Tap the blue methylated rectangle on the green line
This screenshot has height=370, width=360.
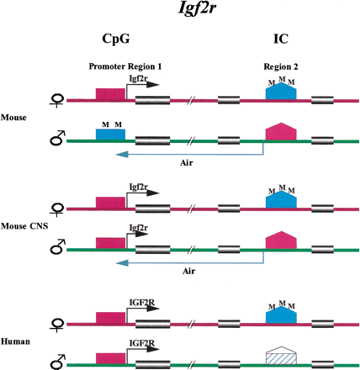point(110,134)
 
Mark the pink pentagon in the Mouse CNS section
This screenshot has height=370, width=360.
point(278,240)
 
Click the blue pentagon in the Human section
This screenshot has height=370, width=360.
point(278,314)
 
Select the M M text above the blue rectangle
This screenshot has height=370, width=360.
point(110,123)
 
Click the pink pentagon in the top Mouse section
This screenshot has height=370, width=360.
point(278,131)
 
